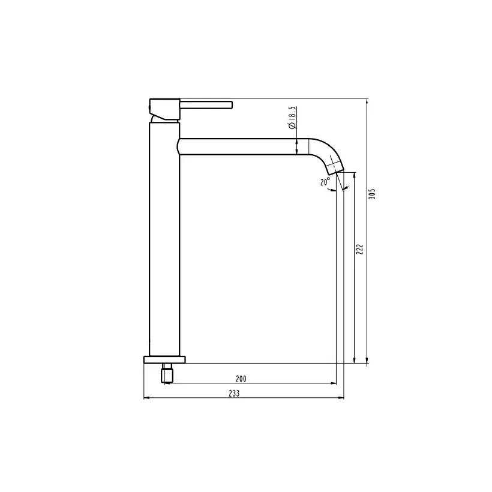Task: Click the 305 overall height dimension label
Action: coord(372,194)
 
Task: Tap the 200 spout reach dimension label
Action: coord(241,379)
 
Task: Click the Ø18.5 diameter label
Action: coord(291,118)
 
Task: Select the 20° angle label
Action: coord(325,182)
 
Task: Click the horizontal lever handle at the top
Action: coord(207,105)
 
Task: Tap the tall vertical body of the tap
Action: coord(163,240)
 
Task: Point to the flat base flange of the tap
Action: coord(164,359)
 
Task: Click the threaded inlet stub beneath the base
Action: coord(166,374)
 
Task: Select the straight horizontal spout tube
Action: coord(240,146)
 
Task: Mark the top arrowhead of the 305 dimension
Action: coord(367,103)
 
